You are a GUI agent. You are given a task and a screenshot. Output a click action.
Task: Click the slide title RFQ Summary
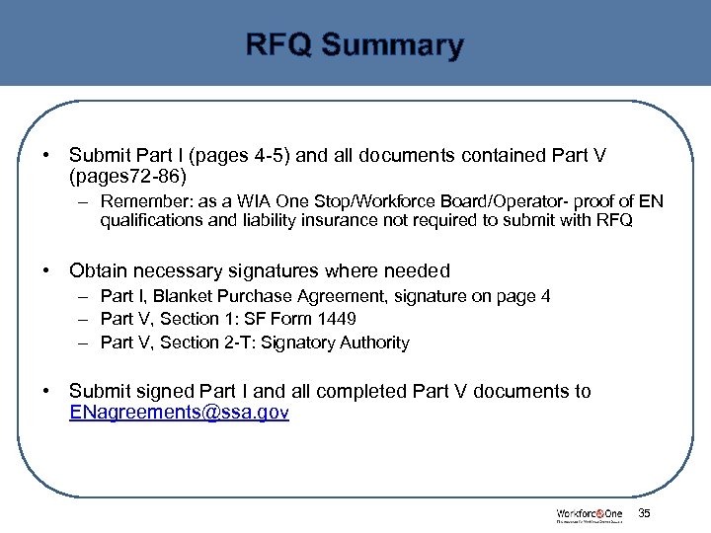(355, 45)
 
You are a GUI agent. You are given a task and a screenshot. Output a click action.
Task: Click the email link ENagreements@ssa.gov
(179, 414)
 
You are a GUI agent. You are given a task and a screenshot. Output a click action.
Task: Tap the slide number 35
(645, 513)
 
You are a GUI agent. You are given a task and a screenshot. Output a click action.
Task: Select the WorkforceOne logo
(589, 514)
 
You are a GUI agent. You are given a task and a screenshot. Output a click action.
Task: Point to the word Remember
(143, 202)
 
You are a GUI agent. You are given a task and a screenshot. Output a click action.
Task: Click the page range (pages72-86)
(126, 176)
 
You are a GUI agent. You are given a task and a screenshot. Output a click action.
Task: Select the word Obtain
(100, 270)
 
